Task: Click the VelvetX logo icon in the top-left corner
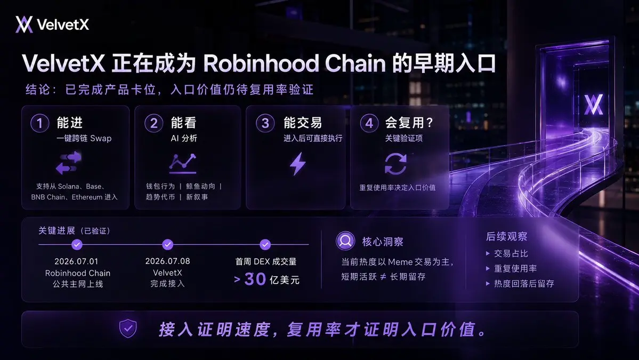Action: (x=24, y=25)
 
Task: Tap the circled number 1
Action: (x=40, y=123)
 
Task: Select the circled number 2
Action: (x=153, y=123)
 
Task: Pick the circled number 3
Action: (x=265, y=123)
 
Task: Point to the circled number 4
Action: (x=369, y=123)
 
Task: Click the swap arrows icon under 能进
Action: (x=68, y=163)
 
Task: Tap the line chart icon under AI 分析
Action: (x=183, y=163)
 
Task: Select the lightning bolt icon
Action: (x=297, y=164)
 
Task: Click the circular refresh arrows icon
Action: (x=395, y=164)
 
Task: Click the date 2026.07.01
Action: (x=76, y=261)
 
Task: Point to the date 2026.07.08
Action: (x=167, y=261)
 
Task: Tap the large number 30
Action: (x=255, y=279)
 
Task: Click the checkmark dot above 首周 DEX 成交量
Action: (x=265, y=245)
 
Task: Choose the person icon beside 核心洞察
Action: (x=345, y=241)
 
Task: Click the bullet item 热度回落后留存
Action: (x=520, y=283)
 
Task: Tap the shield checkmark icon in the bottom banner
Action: (x=128, y=329)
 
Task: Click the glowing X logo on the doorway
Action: (x=593, y=105)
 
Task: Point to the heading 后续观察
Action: (x=506, y=236)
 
